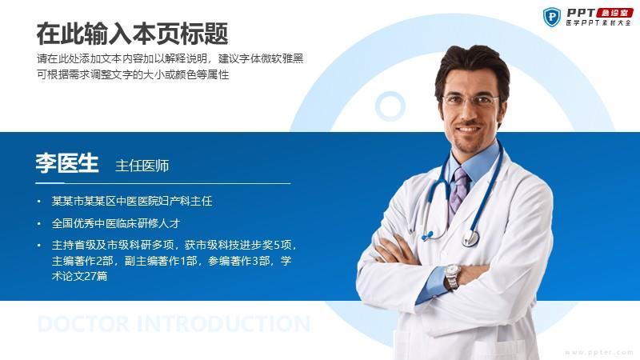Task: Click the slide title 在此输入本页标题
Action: coord(132,34)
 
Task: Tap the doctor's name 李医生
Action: coord(67,163)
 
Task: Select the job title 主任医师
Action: coord(142,166)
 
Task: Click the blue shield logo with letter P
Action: coord(552,17)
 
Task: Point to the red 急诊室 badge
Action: coord(614,13)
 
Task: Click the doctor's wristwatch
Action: coord(452,277)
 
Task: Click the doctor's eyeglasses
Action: coord(470,99)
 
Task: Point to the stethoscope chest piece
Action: coord(470,238)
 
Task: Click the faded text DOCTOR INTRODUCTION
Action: coord(174,324)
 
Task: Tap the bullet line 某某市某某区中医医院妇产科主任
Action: coord(132,201)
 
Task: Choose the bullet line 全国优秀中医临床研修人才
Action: coord(116,223)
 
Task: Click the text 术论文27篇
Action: coord(79,276)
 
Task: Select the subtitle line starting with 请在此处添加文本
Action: coord(170,58)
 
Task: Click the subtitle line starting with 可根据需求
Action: coord(133,74)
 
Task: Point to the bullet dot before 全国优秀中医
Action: coord(38,224)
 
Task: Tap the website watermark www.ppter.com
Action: coord(599,352)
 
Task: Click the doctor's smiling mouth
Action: coord(468,130)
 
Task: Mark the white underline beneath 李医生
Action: coord(163,183)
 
